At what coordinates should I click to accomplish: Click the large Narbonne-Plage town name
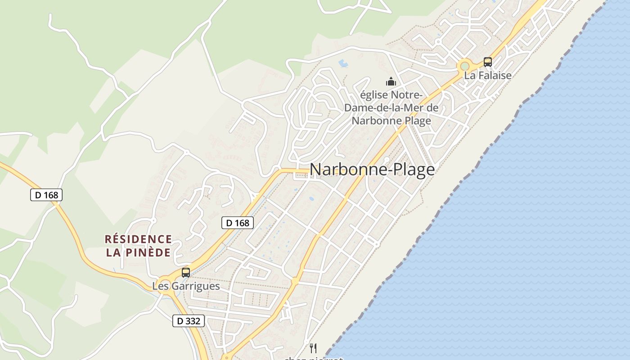372,170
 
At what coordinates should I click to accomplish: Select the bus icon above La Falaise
488,62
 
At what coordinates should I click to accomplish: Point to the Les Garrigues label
186,286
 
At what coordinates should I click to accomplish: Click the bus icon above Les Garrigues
186,272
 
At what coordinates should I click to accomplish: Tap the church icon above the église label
391,82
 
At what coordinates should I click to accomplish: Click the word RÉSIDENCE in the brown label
138,239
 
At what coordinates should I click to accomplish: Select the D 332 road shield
189,321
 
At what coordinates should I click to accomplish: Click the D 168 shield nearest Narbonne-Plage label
238,222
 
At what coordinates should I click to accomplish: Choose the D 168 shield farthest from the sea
46,195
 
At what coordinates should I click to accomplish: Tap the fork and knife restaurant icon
313,348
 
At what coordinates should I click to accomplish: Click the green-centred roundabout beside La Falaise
464,67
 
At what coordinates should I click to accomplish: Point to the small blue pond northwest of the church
343,63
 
